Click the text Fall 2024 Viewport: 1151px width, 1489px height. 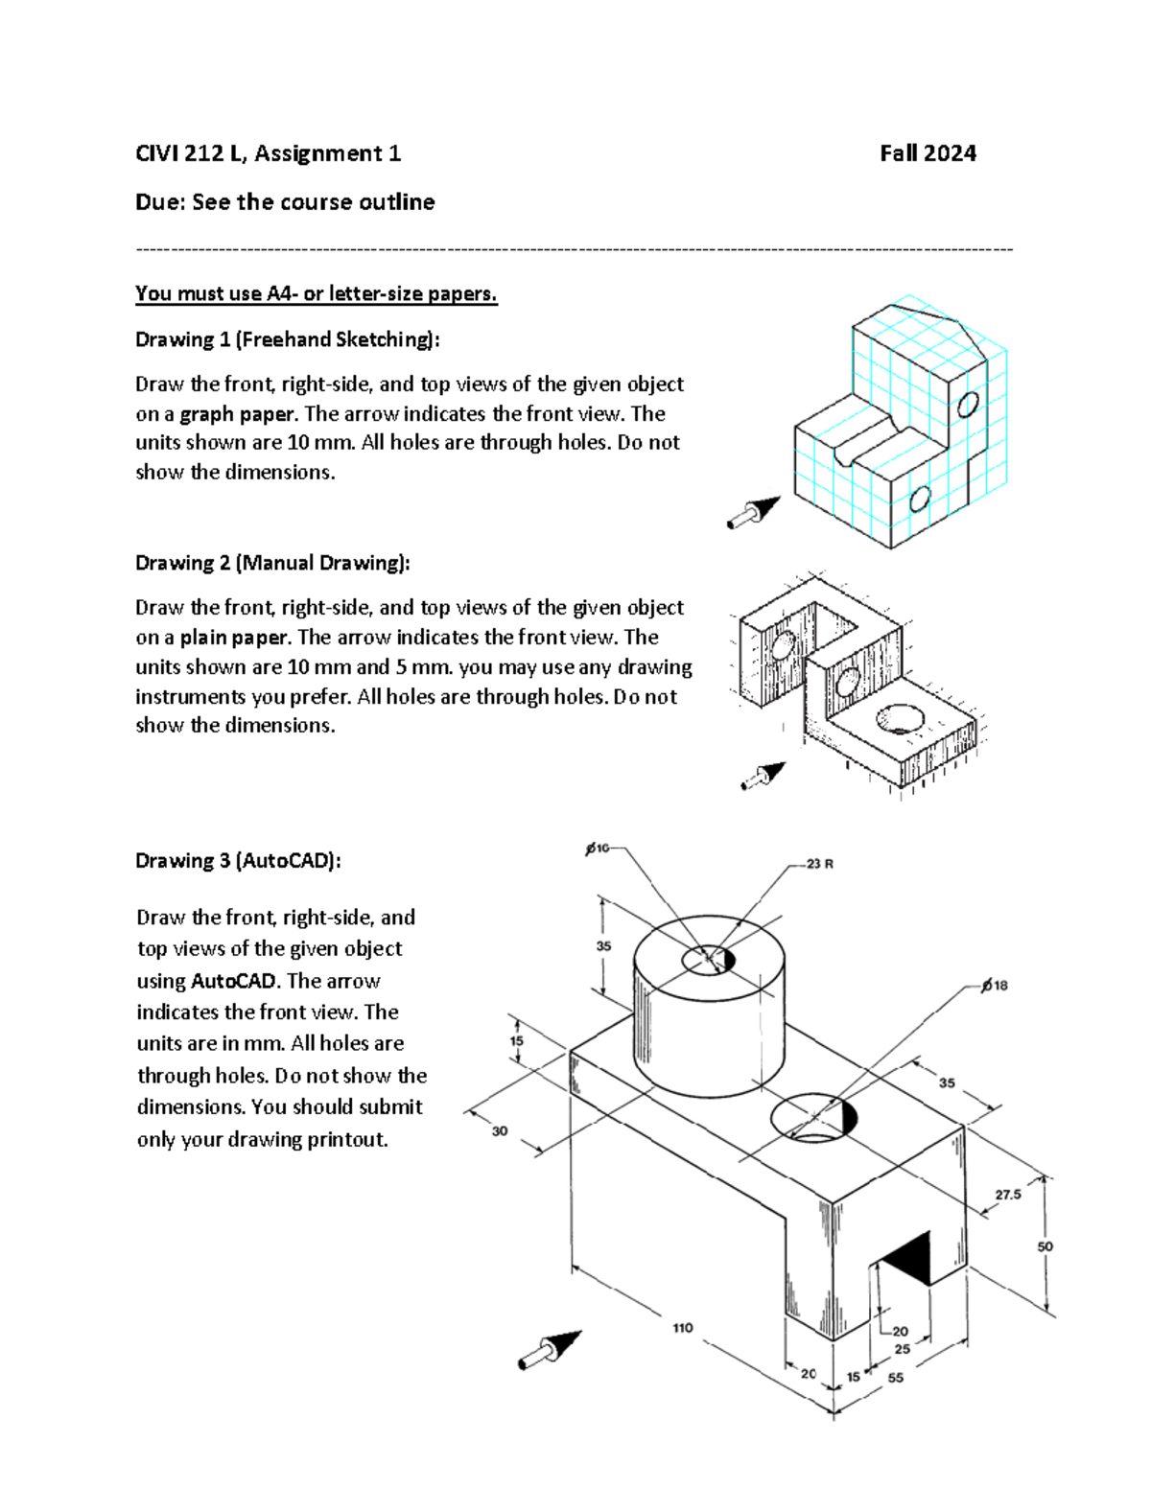(928, 153)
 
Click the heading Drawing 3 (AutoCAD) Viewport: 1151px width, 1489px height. (238, 861)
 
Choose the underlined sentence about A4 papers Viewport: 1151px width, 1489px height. (316, 293)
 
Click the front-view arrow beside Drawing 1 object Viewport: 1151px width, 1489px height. (754, 512)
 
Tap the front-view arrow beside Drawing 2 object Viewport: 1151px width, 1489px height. (763, 776)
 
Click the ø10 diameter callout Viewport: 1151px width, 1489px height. (597, 848)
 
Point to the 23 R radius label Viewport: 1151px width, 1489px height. (819, 864)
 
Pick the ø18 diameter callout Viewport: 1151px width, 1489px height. (994, 986)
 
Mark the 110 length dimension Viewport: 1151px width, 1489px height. (682, 1328)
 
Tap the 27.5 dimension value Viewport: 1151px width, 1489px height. (1008, 1195)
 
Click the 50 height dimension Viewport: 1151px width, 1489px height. (1045, 1246)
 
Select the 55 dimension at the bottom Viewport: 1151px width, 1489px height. (895, 1378)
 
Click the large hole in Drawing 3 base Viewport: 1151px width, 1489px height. (813, 1117)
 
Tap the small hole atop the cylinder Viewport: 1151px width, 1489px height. (708, 959)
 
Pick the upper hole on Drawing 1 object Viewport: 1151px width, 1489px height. (967, 405)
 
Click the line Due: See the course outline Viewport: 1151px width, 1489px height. (285, 202)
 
